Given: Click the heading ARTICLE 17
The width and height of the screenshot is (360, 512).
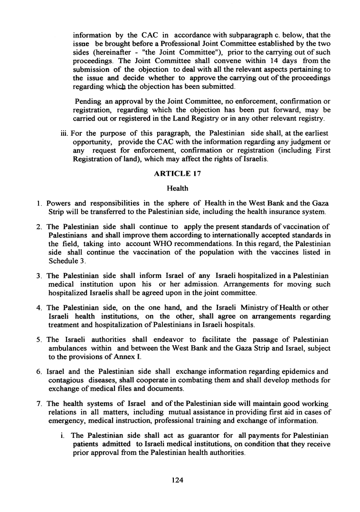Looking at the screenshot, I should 178,174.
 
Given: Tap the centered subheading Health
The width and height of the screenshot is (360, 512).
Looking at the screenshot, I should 178,189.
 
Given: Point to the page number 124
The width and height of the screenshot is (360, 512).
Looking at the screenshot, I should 178,480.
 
